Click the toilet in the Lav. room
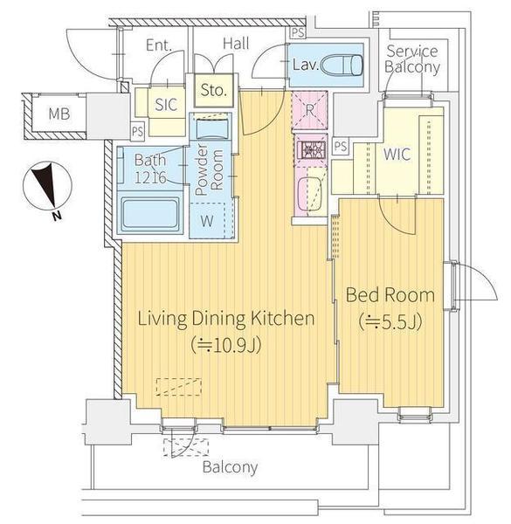(342, 65)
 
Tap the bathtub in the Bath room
(150, 212)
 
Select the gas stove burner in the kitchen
(310, 149)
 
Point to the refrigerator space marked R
(309, 110)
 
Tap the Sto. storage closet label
(212, 90)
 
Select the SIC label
(166, 105)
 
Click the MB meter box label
(59, 114)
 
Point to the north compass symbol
(47, 186)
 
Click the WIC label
(397, 155)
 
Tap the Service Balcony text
(412, 59)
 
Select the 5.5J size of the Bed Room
(390, 322)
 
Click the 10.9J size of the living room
(226, 346)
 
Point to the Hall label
(236, 44)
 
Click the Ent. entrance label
(159, 45)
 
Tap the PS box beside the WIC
(340, 146)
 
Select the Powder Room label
(210, 169)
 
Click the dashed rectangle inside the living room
(179, 387)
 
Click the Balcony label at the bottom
(230, 467)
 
